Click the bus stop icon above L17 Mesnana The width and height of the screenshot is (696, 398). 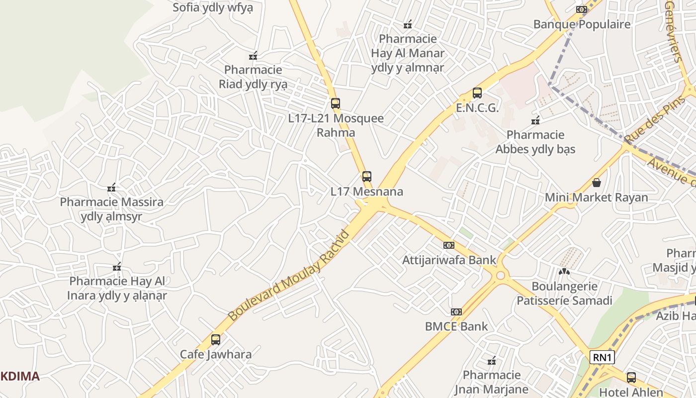(367, 177)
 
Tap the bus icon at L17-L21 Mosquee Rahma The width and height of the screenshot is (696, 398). (336, 103)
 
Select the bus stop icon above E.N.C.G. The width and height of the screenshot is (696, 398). (477, 93)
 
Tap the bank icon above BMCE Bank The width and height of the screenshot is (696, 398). (456, 312)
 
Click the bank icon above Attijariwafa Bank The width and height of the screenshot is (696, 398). (449, 245)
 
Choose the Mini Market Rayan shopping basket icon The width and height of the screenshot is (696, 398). (597, 183)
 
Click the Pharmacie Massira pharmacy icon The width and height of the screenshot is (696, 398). (111, 188)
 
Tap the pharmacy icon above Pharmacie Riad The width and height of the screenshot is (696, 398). (254, 56)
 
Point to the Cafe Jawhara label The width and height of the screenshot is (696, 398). (216, 354)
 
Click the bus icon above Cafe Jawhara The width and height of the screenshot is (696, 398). (216, 340)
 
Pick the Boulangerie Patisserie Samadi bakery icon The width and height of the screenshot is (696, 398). (564, 272)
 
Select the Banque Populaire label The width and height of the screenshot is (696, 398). (582, 24)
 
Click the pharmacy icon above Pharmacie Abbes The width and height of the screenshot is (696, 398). (535, 120)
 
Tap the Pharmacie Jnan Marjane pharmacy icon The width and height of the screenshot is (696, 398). (492, 361)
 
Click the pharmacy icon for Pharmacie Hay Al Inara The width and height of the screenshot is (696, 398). (117, 267)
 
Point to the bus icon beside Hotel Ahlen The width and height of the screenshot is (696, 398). (631, 378)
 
